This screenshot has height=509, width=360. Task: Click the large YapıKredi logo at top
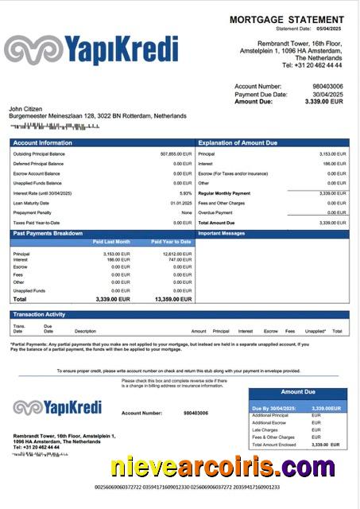click(91, 49)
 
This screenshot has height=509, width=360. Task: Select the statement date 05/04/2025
click(329, 28)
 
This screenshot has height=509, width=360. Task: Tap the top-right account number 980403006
click(327, 86)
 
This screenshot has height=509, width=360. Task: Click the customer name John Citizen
click(25, 108)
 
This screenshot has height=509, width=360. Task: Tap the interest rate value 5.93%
click(185, 192)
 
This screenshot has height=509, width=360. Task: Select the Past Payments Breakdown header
click(48, 233)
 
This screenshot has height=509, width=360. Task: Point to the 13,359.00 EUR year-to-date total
click(170, 299)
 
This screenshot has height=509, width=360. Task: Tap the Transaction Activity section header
click(39, 315)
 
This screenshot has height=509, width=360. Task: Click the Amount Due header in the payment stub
click(298, 392)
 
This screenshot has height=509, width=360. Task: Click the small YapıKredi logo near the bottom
click(57, 408)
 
